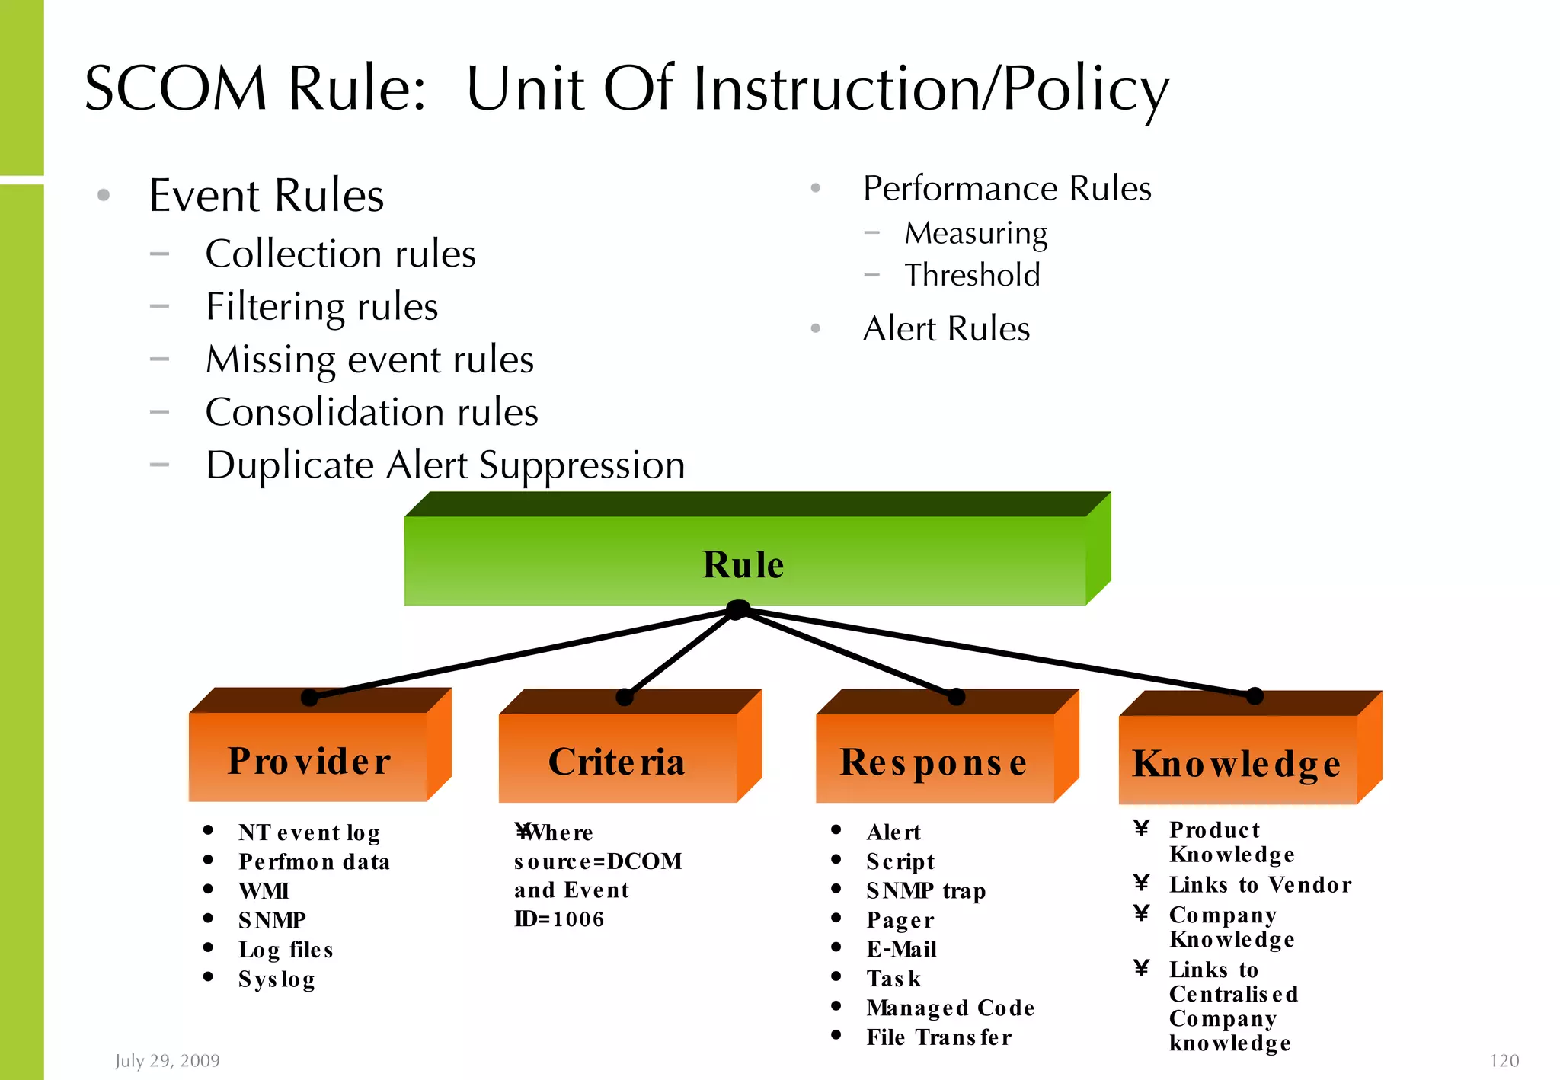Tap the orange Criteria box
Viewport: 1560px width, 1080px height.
tap(618, 760)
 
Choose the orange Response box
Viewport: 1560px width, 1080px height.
tap(934, 761)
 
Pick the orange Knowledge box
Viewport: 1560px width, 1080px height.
tap(1237, 762)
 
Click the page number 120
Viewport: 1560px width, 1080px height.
tap(1504, 1060)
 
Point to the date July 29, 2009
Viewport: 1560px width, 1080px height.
tap(168, 1060)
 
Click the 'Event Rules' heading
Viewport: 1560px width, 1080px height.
tap(267, 195)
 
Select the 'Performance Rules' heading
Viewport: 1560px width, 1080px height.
tap(1007, 188)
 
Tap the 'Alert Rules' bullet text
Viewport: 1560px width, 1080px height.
tap(946, 329)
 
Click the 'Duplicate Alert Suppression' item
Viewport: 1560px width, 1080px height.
tap(446, 465)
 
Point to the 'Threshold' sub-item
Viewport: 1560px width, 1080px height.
tap(972, 275)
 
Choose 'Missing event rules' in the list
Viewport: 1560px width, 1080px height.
tap(370, 359)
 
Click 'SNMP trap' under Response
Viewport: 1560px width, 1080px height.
tap(926, 890)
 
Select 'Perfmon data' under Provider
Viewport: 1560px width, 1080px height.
tap(314, 861)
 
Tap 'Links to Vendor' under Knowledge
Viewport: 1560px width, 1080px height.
tap(1261, 884)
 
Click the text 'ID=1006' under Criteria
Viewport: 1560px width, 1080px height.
tap(559, 919)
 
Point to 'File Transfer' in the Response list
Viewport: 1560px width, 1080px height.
tap(939, 1037)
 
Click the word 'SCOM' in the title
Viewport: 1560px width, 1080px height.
tap(176, 88)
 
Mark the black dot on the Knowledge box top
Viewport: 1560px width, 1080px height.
tap(1255, 695)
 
